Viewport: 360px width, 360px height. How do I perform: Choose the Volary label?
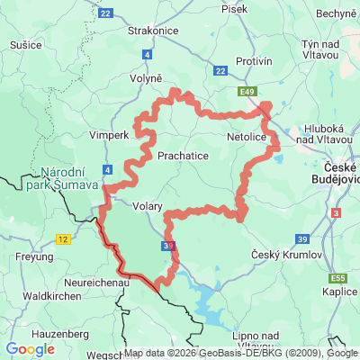147,206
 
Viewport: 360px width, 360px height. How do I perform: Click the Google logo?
31,349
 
